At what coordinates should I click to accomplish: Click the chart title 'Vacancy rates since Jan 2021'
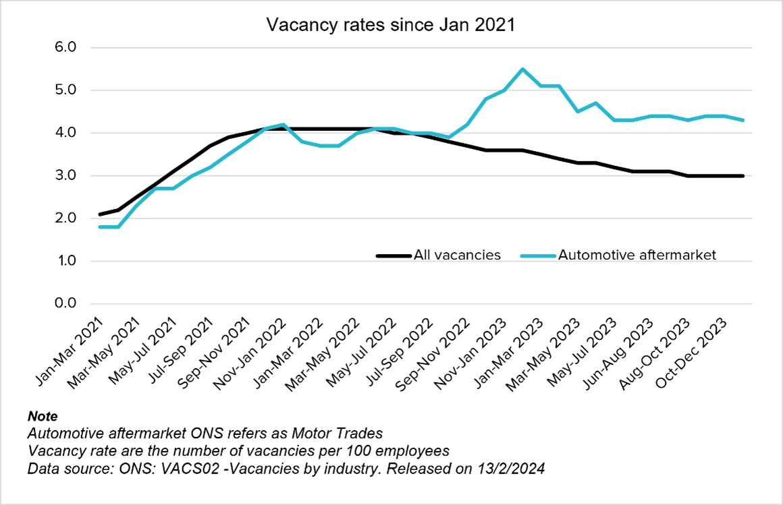[391, 25]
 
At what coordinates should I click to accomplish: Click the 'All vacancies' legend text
[458, 256]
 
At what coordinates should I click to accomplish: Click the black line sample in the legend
[394, 256]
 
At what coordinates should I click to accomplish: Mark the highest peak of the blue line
[522, 69]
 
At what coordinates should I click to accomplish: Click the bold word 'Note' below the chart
[43, 416]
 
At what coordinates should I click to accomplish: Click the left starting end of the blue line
[101, 227]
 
